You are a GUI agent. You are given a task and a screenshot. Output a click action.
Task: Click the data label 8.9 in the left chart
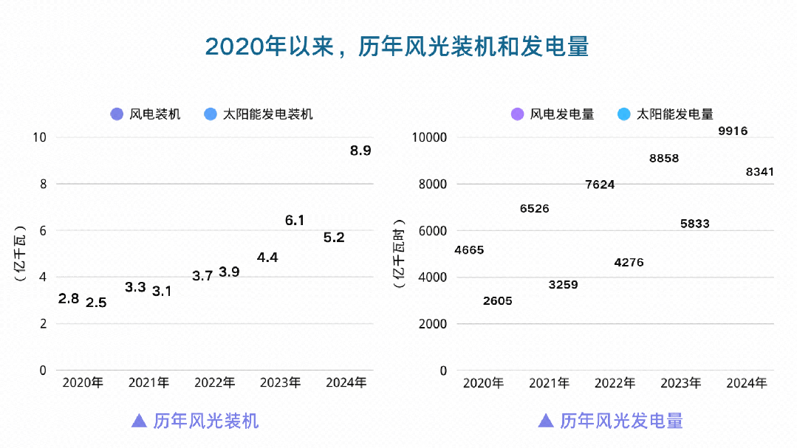(x=360, y=151)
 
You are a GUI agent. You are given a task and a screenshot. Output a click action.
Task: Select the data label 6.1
(x=295, y=220)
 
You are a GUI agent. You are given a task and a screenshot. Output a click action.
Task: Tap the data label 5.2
(x=334, y=238)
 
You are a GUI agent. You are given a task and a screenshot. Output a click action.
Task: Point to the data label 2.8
(x=69, y=299)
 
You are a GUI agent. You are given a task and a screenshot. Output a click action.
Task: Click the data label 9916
(x=733, y=131)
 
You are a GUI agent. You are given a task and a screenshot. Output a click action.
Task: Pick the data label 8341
(x=760, y=172)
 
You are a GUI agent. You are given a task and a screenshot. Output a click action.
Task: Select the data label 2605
(x=497, y=301)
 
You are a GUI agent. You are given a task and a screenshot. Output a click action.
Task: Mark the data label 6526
(x=534, y=209)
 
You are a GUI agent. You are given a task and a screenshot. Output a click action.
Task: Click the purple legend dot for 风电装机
(x=117, y=114)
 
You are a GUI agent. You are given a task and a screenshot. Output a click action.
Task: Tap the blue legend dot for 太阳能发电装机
(x=210, y=114)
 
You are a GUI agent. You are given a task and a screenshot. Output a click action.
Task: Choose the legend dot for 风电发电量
(x=518, y=114)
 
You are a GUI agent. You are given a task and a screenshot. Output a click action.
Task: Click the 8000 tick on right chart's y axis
(x=433, y=184)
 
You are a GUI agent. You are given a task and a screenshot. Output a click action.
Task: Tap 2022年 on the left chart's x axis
(x=214, y=382)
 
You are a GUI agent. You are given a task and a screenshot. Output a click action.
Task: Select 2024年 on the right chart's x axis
(x=747, y=382)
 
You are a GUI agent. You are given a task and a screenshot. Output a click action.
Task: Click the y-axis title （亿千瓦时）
(x=400, y=254)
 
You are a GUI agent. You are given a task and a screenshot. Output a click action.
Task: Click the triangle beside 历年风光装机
(x=138, y=421)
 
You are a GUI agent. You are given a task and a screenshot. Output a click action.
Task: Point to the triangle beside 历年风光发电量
(x=546, y=421)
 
